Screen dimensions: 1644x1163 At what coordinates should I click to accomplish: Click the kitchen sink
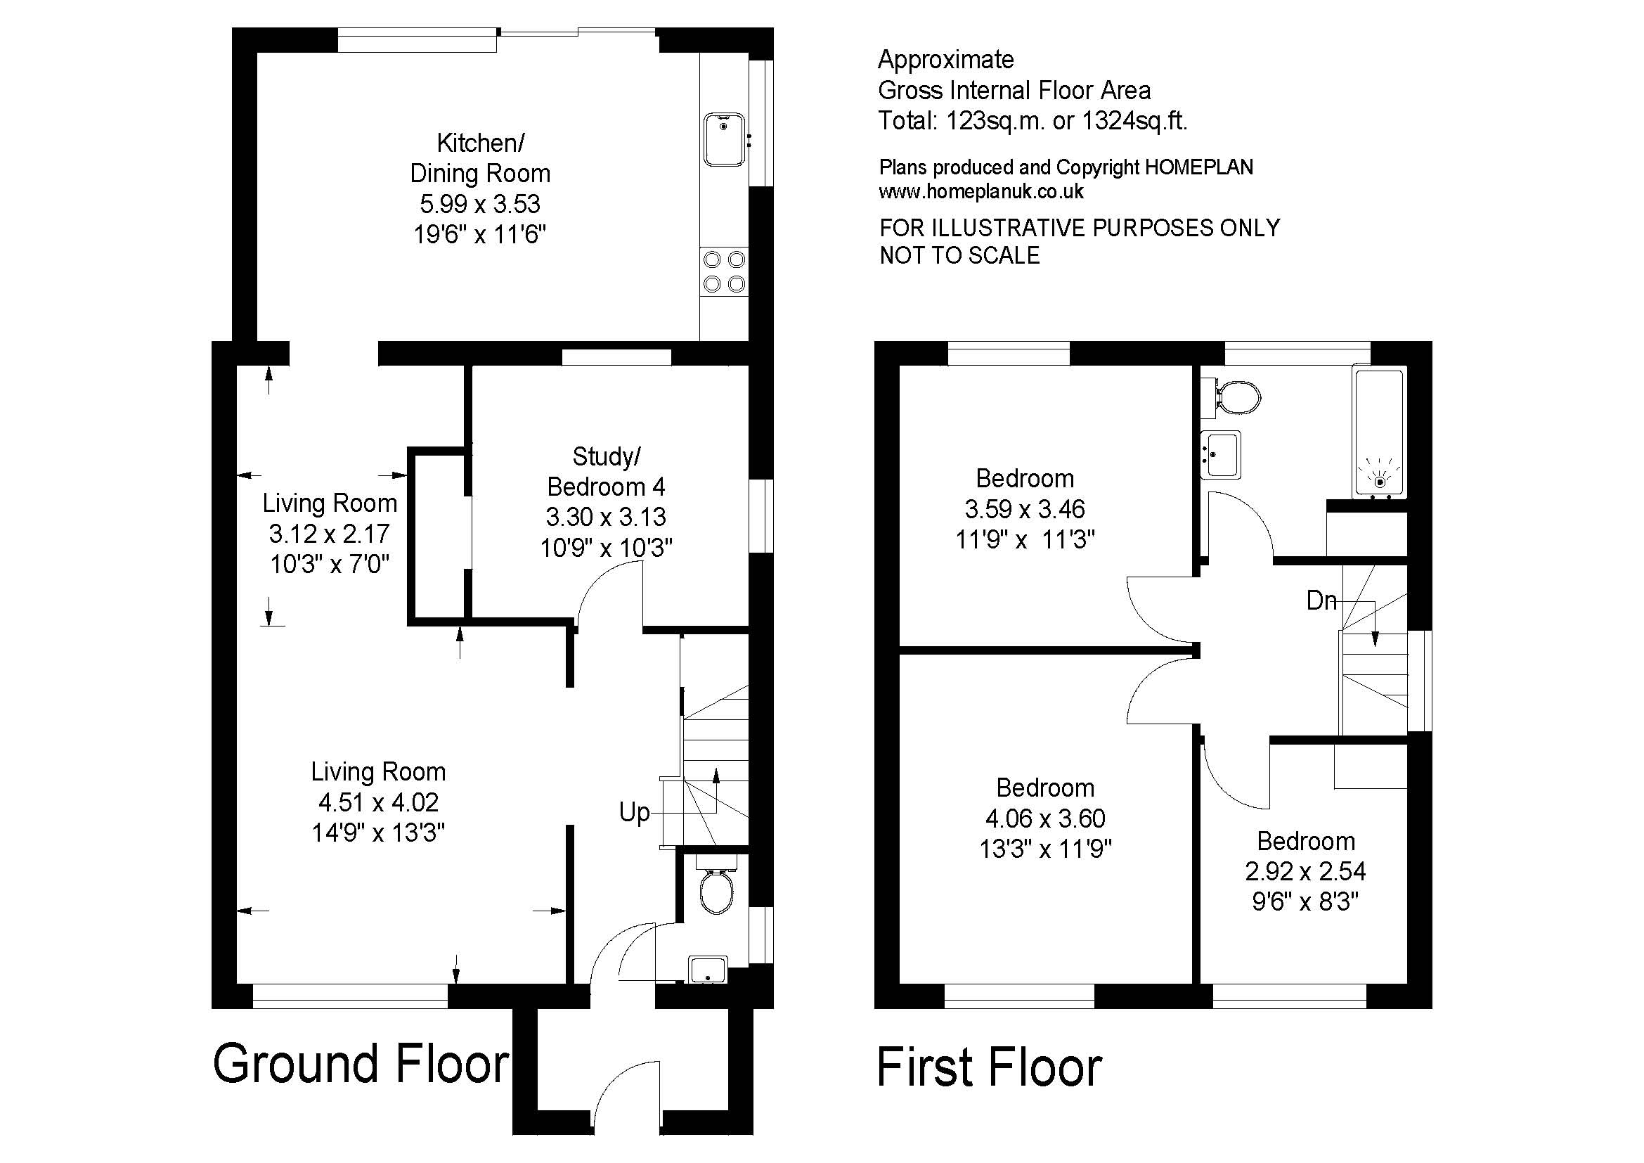725,139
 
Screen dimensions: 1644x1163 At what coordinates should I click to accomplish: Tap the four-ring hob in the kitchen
724,271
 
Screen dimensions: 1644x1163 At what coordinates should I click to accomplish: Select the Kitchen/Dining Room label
480,158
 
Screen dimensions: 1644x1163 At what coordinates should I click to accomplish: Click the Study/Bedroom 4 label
607,471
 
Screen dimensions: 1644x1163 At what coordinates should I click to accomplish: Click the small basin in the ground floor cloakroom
708,970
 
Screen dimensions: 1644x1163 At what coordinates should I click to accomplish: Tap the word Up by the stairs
635,813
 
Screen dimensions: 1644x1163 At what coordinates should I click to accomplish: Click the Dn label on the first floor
1321,600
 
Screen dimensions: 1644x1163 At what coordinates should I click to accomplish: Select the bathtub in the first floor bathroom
1378,434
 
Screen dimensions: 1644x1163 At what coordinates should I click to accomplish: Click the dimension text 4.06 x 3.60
1045,818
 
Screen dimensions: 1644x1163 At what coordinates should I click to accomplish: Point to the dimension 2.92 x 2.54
1305,870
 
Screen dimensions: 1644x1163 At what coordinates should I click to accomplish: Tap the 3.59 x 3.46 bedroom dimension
1025,508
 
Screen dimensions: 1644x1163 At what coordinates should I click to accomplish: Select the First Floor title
990,1067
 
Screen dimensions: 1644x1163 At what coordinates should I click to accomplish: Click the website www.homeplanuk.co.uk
981,191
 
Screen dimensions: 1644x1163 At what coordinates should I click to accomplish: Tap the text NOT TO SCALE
959,255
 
